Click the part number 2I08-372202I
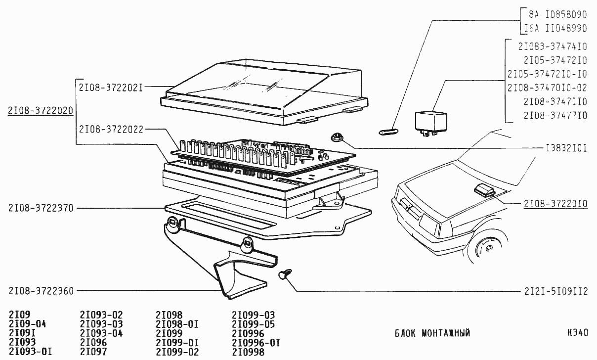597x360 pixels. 111,88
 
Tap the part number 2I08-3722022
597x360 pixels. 111,130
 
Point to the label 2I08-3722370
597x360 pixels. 41,209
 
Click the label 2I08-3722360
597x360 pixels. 41,291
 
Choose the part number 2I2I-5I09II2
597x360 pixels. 555,291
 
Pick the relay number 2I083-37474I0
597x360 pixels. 553,46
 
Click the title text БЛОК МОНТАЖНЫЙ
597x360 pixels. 432,333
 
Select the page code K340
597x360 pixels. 578,333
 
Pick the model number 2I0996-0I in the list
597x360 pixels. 256,343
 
